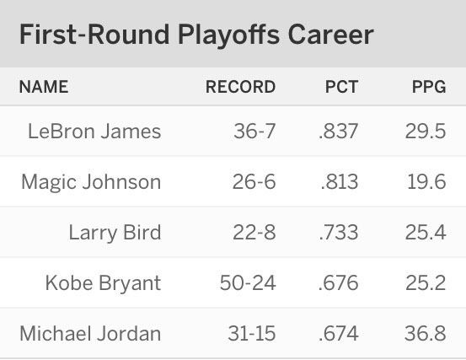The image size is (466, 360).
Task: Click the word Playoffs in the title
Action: coord(228,35)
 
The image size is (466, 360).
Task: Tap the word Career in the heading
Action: coord(330,35)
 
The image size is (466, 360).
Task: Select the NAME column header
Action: coord(44,87)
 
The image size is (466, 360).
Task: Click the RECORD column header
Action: coord(240,87)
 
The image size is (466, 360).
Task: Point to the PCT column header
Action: coord(341,87)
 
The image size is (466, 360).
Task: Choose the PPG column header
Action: coord(429,87)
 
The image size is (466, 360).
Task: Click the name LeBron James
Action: coord(94,131)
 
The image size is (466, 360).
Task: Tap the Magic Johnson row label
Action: coord(91,182)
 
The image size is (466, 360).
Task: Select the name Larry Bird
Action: coord(115,232)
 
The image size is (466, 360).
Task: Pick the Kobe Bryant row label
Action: coord(103,282)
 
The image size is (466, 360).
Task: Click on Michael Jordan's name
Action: coord(90,333)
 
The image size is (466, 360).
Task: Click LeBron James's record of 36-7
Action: coord(254,131)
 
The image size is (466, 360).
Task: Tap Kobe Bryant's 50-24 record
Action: coord(248,282)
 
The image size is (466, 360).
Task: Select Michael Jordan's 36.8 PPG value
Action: coord(426,333)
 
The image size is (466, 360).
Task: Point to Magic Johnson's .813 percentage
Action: coord(340,181)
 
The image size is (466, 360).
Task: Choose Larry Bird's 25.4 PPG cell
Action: coord(426,232)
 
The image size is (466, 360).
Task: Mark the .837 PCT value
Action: coord(338,131)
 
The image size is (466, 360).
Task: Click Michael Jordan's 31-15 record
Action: coord(252,333)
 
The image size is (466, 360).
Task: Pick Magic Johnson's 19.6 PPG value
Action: coord(426,181)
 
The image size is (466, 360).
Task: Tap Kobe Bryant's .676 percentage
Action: coord(338,282)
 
